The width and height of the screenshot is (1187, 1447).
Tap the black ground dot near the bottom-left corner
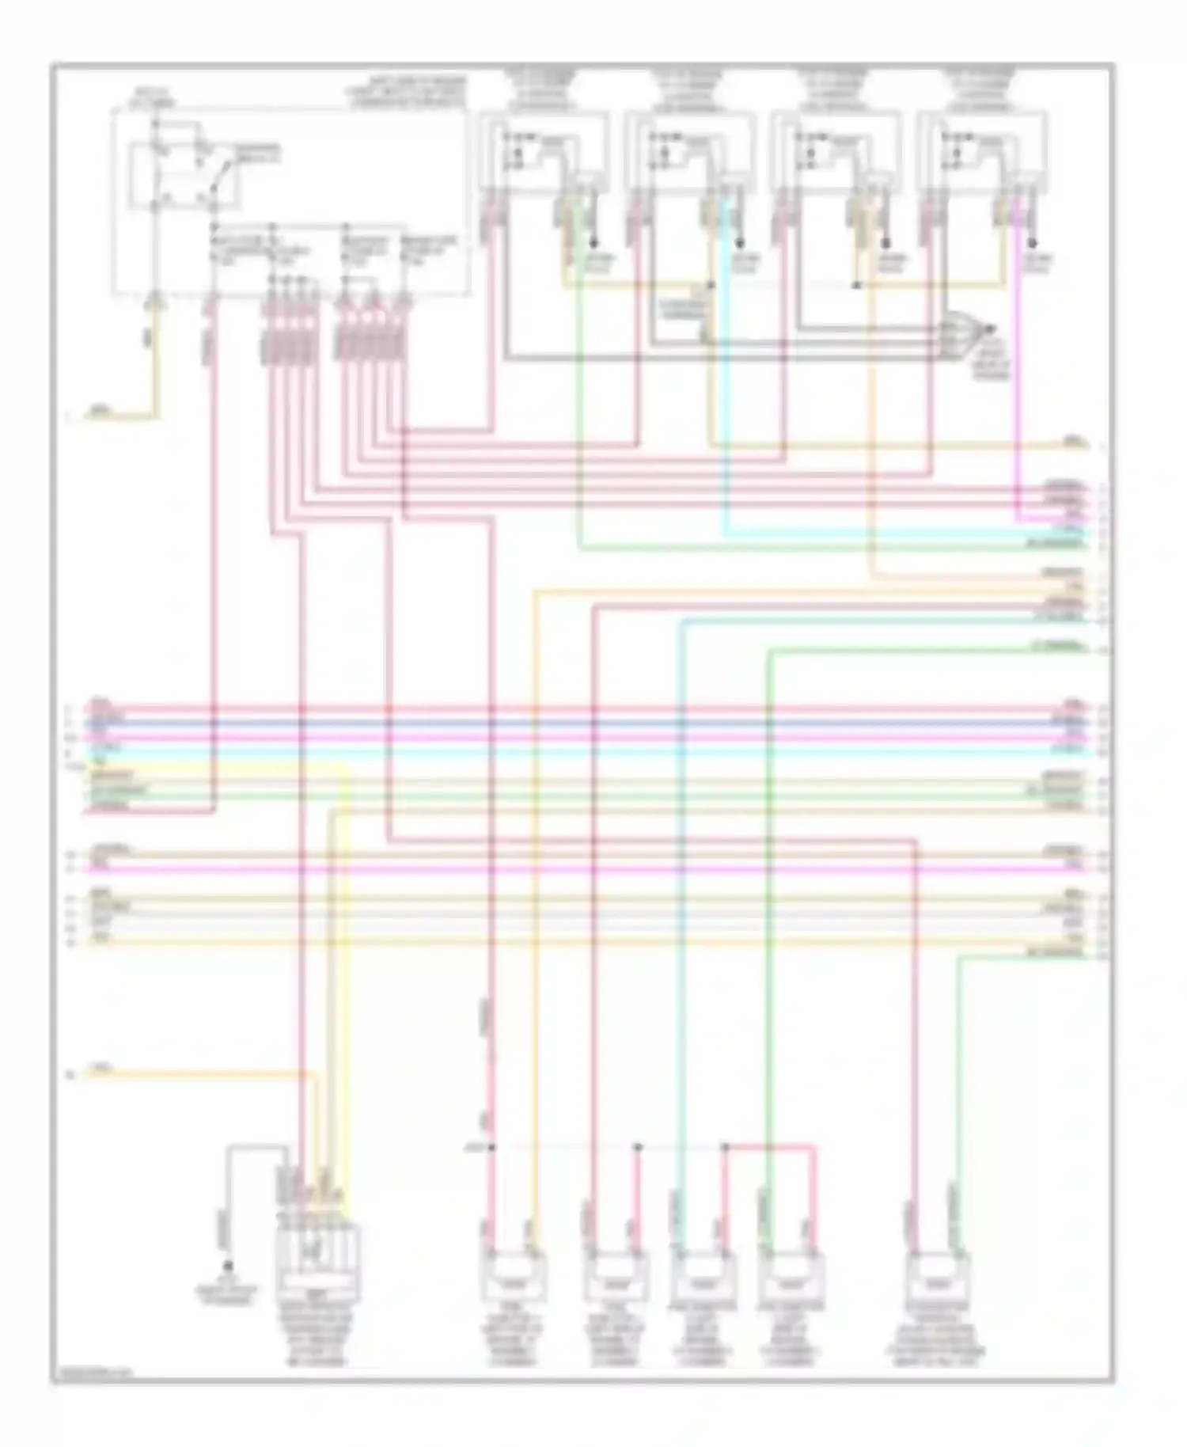click(228, 1266)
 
